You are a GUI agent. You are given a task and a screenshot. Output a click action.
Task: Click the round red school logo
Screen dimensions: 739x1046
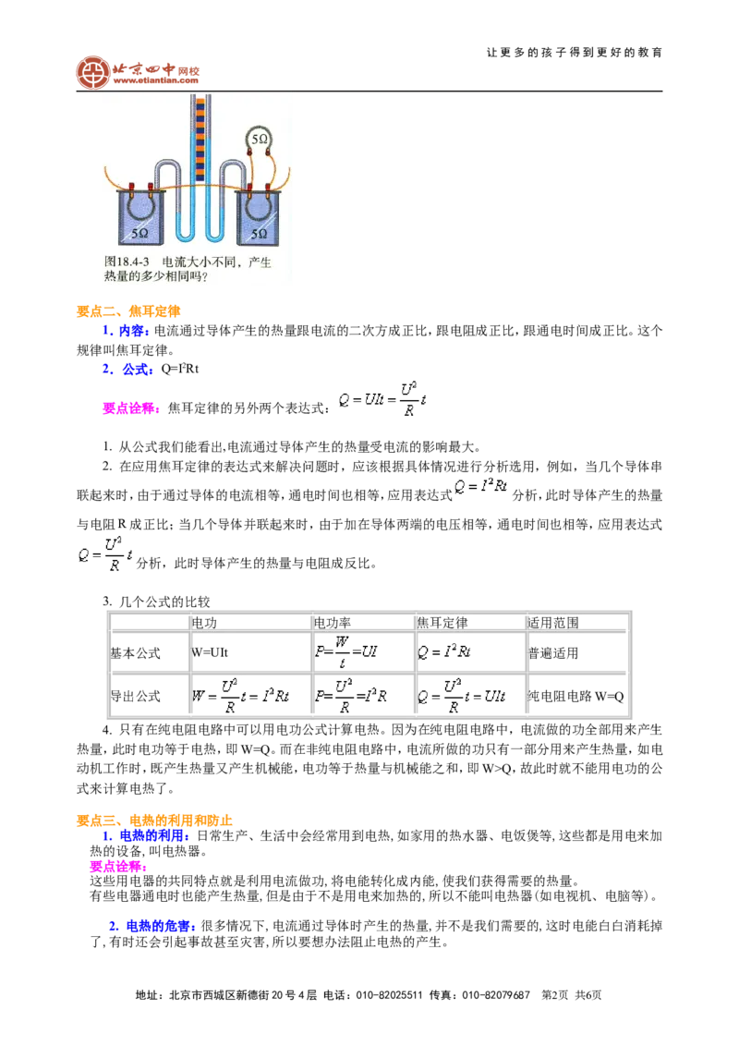(x=92, y=73)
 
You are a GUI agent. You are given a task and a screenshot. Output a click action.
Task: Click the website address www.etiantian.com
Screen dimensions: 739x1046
(x=155, y=80)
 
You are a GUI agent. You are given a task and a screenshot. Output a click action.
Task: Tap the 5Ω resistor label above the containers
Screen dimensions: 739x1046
(x=260, y=140)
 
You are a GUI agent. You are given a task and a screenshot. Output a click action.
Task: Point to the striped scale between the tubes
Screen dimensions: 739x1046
(x=200, y=140)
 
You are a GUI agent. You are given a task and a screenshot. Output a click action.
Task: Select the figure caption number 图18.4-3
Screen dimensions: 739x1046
(x=127, y=262)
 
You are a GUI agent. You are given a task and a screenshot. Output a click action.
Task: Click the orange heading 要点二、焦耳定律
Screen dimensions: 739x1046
(x=128, y=310)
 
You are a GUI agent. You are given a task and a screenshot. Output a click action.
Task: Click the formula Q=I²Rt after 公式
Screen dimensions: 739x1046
(x=180, y=369)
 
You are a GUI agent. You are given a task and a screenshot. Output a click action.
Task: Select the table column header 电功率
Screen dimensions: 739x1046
(x=333, y=623)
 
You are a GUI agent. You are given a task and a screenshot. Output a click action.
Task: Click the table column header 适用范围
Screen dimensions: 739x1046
(x=553, y=623)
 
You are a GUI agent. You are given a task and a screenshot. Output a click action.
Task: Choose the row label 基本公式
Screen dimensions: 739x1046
(x=136, y=653)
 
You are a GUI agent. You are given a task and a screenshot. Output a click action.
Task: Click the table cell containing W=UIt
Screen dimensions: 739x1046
(x=210, y=653)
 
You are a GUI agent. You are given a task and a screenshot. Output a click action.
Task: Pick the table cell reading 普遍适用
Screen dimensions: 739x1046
(x=553, y=653)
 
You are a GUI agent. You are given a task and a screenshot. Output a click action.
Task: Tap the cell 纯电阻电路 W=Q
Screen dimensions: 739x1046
(x=575, y=697)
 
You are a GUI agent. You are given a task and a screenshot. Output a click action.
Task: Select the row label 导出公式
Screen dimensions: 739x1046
(x=136, y=697)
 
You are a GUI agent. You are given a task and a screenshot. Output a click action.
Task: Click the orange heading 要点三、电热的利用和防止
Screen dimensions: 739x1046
(x=154, y=820)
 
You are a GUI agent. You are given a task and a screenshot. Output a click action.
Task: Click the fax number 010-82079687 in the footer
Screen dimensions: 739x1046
(x=496, y=995)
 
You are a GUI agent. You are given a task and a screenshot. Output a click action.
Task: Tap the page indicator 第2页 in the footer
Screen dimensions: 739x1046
(x=555, y=995)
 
